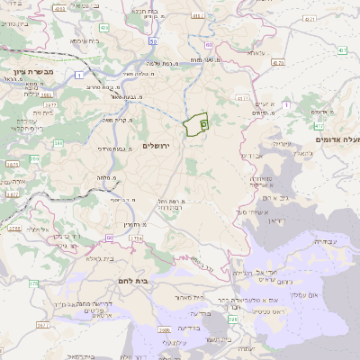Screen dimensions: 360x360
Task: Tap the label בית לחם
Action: [x=157, y=282]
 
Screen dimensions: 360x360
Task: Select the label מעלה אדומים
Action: [x=336, y=140]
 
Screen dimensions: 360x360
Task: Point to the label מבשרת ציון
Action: [x=33, y=70]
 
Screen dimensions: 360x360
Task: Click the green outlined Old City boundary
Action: [x=195, y=125]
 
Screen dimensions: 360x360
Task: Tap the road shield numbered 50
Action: [x=155, y=41]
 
